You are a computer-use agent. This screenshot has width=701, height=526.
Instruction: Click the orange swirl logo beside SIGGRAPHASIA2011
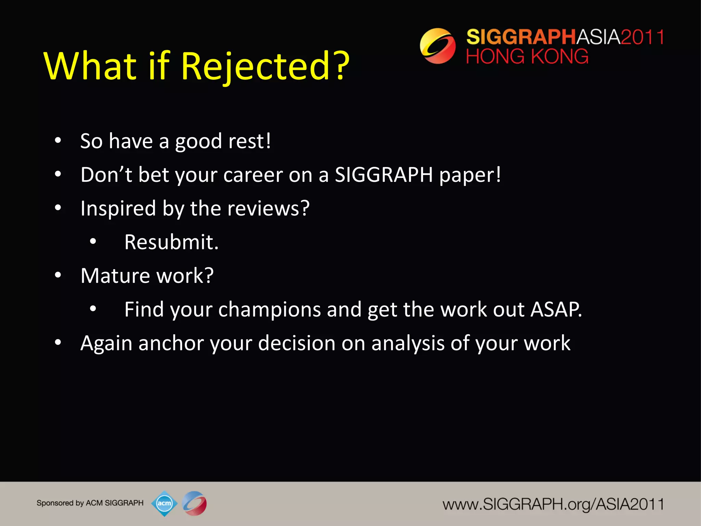click(437, 46)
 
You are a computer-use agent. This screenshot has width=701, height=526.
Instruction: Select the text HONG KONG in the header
click(527, 57)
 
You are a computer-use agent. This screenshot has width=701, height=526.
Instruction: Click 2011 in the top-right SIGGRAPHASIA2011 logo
click(642, 37)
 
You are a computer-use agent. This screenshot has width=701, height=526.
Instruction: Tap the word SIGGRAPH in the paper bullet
click(384, 175)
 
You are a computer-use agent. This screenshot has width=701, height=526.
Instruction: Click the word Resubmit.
click(171, 242)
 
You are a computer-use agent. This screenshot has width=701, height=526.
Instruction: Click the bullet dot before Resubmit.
click(93, 242)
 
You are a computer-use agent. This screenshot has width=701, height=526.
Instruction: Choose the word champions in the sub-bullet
click(270, 310)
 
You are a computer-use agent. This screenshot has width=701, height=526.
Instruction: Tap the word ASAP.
click(556, 310)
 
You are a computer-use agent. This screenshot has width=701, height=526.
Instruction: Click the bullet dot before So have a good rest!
click(58, 140)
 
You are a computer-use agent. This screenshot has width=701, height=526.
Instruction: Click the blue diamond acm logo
click(164, 503)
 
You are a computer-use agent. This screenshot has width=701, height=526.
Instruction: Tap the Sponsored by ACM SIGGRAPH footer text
click(90, 503)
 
